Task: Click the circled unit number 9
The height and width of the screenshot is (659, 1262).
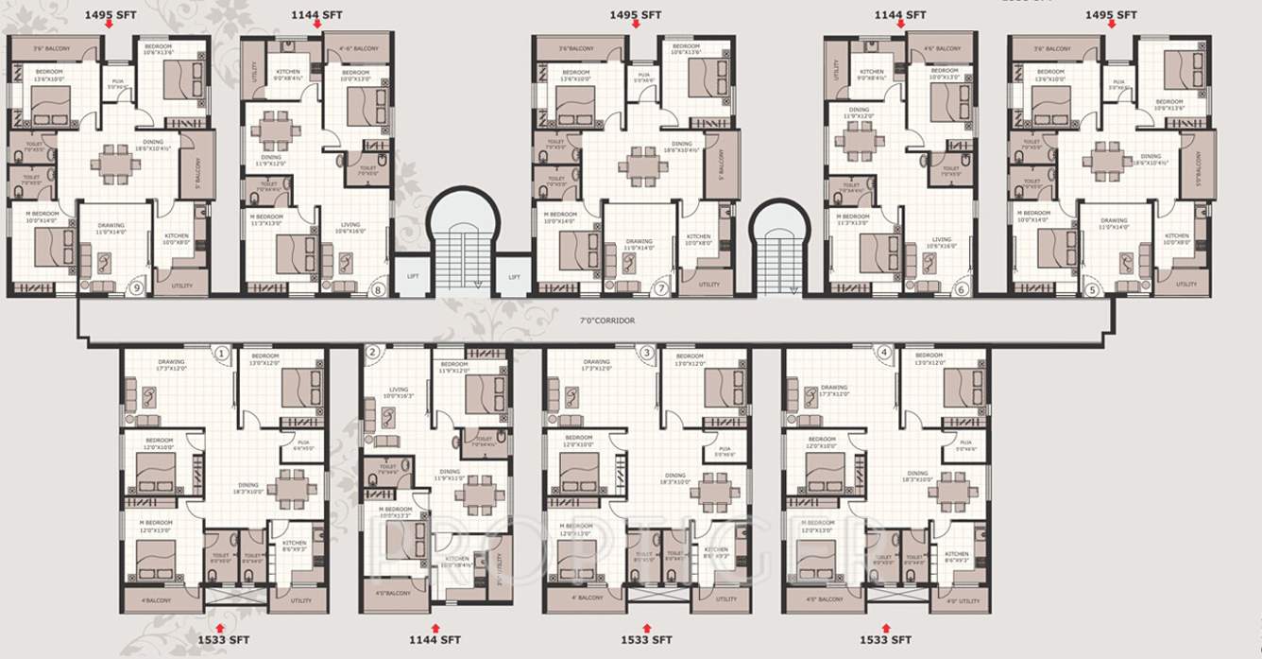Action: click(137, 288)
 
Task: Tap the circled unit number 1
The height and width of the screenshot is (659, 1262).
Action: click(221, 354)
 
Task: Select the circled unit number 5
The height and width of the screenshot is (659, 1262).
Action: click(1093, 289)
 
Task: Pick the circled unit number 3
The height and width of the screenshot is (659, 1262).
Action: click(647, 354)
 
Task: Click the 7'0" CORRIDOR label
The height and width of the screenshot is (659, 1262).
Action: click(607, 321)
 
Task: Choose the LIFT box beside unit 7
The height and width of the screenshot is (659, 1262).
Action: click(514, 276)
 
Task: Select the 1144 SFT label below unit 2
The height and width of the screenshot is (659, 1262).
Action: click(435, 640)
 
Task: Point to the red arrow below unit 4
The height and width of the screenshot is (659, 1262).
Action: click(886, 626)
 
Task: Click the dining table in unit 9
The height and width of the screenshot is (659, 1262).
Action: click(115, 164)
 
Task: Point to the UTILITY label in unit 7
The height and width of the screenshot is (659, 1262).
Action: click(708, 284)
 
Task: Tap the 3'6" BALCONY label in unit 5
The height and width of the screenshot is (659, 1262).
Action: click(1050, 49)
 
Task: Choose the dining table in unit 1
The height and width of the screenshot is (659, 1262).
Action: click(285, 488)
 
